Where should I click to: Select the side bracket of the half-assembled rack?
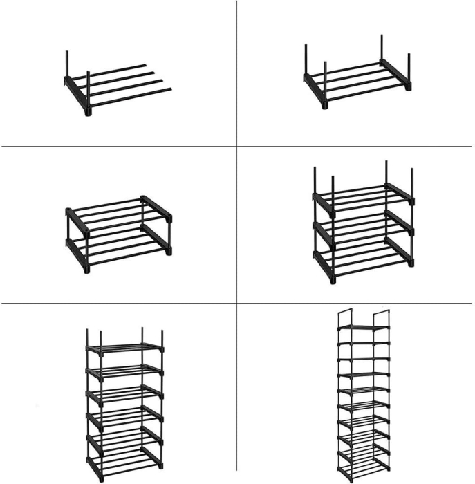tap(76, 93)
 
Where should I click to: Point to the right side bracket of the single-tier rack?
tap(396, 73)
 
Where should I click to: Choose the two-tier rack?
tap(118, 232)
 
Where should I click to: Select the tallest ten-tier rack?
tap(364, 394)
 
